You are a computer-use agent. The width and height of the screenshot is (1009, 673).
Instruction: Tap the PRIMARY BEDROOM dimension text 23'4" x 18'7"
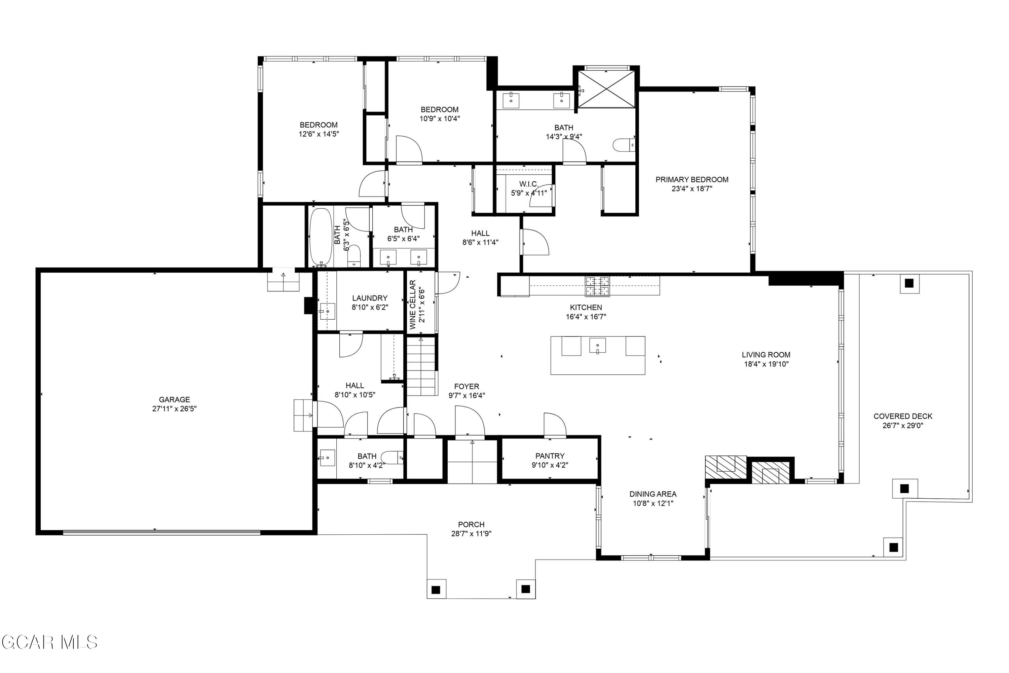[692, 189]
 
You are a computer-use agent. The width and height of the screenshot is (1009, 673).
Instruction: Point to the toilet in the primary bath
[623, 145]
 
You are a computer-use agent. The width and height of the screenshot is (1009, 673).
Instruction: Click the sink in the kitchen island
[597, 345]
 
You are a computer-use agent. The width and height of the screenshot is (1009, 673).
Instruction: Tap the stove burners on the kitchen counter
[597, 286]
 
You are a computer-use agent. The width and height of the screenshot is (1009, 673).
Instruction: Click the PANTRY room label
[550, 456]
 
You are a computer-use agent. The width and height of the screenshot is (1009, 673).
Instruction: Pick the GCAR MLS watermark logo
[49, 642]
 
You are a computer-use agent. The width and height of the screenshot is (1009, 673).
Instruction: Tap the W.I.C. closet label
[528, 184]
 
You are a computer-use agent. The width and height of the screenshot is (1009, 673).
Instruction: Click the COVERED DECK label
[903, 416]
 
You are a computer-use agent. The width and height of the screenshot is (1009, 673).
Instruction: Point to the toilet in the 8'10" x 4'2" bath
[391, 458]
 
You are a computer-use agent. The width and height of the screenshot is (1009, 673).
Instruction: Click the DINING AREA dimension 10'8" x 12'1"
[653, 503]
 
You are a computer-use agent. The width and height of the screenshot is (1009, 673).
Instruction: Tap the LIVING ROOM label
[766, 355]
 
